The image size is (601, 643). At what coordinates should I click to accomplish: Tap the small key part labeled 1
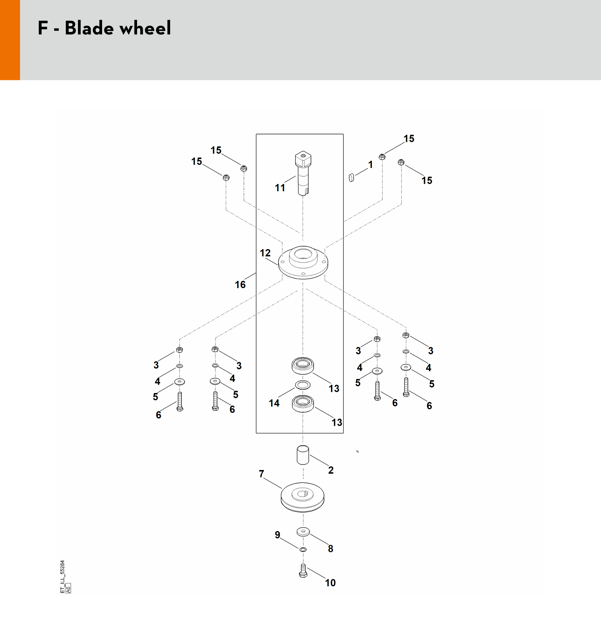tap(351, 178)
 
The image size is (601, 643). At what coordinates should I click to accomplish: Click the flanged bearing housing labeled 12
tap(303, 262)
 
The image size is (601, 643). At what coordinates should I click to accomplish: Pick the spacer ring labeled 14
tap(303, 385)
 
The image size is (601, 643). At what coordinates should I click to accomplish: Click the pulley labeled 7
tap(302, 497)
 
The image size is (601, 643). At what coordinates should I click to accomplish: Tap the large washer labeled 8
tap(303, 531)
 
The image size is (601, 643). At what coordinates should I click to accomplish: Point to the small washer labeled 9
tap(303, 549)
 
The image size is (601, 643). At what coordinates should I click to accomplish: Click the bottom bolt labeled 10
tap(303, 571)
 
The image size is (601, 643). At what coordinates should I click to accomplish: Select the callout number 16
tap(240, 285)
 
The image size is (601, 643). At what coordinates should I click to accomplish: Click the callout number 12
tap(265, 253)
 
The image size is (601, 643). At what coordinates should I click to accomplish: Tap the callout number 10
tap(330, 583)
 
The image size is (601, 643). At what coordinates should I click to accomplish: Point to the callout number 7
tap(262, 474)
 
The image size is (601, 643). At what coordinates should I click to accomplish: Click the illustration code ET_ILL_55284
tap(63, 577)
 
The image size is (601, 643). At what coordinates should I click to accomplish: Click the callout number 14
tap(274, 403)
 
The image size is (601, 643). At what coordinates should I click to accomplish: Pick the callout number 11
tap(280, 187)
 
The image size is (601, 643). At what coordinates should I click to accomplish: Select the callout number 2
tap(331, 470)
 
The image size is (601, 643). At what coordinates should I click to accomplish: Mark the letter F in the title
tap(43, 28)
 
